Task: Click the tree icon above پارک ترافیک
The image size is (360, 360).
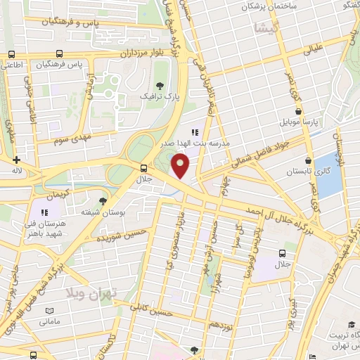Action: pos(161,85)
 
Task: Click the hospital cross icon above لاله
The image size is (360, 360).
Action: pos(15,160)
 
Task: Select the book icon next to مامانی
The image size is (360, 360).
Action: pos(49,311)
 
